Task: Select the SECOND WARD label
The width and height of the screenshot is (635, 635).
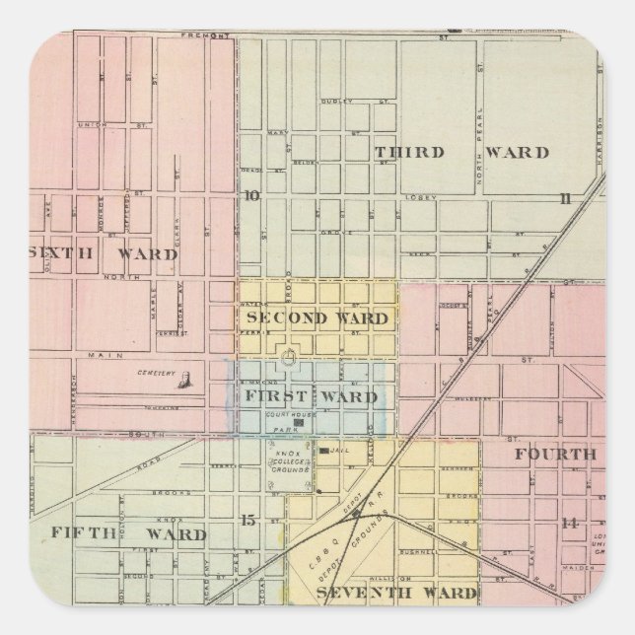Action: (x=317, y=317)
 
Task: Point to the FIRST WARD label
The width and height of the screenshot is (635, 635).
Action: (x=311, y=397)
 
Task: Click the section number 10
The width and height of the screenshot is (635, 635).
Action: (x=252, y=195)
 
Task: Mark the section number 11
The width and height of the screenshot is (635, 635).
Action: (x=565, y=198)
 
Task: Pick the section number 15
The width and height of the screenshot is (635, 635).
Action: (x=248, y=520)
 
